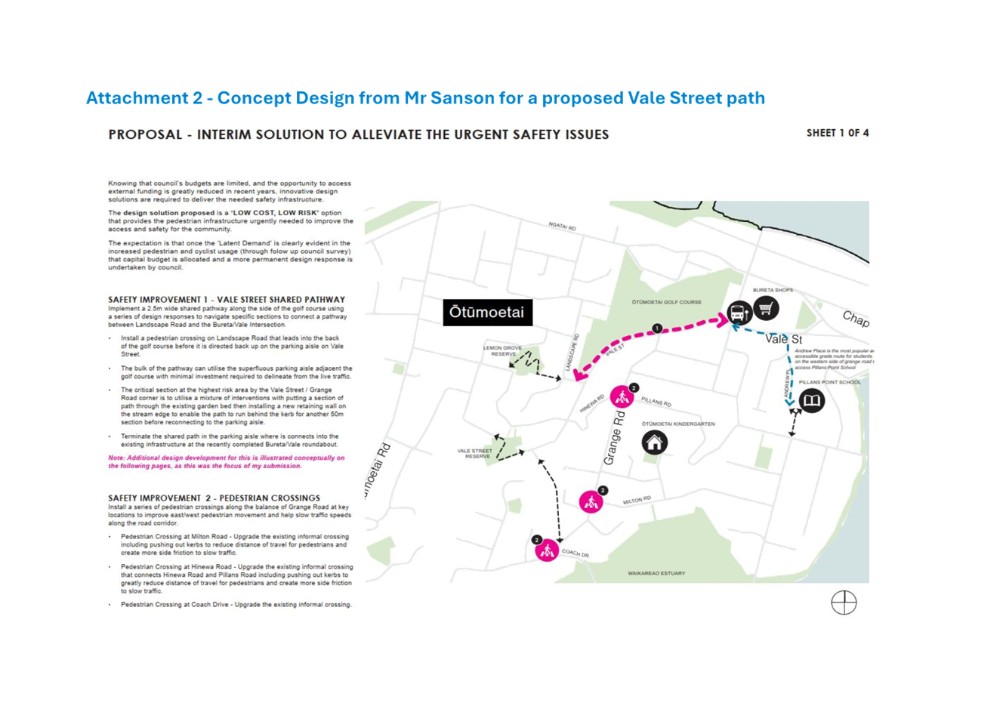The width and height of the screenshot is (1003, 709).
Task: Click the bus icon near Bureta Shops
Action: (739, 311)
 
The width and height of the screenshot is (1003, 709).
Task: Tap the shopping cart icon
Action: (766, 308)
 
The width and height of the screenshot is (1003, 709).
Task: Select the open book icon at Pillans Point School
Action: (811, 401)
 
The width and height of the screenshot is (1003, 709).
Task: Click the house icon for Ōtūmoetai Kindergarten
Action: (654, 442)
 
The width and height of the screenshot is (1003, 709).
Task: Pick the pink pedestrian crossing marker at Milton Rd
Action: (591, 502)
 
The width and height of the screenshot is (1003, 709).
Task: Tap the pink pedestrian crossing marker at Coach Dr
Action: (546, 551)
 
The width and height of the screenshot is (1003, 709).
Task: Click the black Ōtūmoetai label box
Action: (486, 313)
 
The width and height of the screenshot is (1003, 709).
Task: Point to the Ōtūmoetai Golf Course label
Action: (666, 302)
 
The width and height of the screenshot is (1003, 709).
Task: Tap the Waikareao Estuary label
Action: (656, 574)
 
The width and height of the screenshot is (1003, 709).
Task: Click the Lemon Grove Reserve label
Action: (505, 351)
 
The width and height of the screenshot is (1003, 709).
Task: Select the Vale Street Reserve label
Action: (475, 454)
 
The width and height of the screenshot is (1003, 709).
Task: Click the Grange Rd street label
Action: (613, 438)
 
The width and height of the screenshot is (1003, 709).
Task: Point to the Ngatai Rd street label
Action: (563, 226)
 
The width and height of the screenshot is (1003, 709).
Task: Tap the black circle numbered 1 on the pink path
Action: (657, 328)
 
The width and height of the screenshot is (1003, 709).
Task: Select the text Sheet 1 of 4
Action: (837, 133)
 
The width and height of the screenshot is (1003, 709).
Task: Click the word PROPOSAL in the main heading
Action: (145, 134)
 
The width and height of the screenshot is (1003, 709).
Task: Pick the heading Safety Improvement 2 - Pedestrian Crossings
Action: (214, 498)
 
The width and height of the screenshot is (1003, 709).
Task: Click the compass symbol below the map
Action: (844, 603)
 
